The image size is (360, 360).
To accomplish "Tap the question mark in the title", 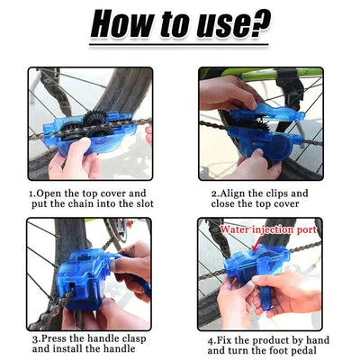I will pyautogui.click(x=259, y=25).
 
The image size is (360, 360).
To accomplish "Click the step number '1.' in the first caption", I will pyautogui.click(x=32, y=193).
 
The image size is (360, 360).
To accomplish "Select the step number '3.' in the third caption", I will pyautogui.click(x=34, y=341).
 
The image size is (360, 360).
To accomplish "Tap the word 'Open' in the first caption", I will pyautogui.click(x=53, y=193).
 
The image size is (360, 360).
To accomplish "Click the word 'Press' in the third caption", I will pyautogui.click(x=56, y=341).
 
